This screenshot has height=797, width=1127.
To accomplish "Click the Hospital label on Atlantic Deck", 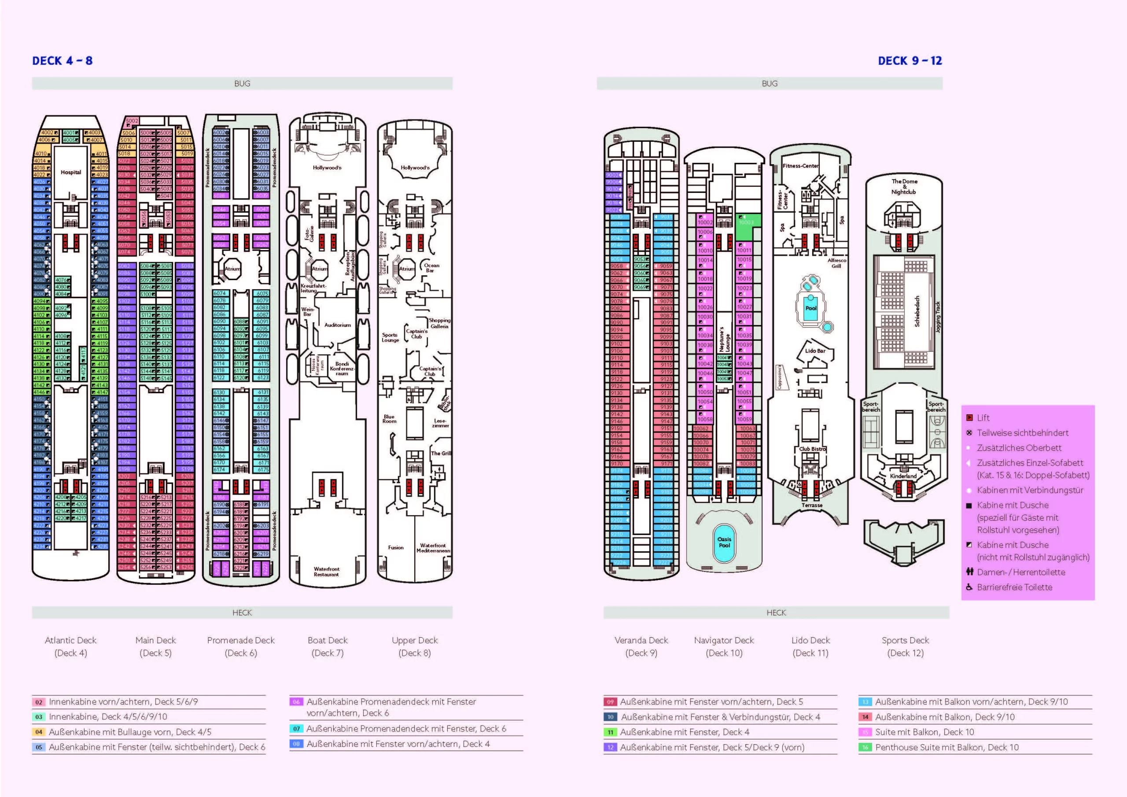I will [71, 172].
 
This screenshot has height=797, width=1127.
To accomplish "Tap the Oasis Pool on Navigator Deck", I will [724, 542].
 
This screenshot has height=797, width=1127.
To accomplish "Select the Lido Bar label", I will [815, 351].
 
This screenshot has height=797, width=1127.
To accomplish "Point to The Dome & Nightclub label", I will [904, 187].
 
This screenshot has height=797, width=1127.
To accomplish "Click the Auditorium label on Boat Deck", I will [337, 325].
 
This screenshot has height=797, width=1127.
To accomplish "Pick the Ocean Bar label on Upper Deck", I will [431, 268].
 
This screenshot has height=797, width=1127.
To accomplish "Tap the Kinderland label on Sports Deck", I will [903, 476].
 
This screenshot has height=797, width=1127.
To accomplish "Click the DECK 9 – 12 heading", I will [910, 61].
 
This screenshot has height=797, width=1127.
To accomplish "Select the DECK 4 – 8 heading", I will [63, 61].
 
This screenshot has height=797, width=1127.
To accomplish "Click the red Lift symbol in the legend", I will [969, 418].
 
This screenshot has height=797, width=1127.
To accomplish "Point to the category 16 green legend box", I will [865, 747].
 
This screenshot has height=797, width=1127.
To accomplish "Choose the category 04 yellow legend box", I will [39, 732].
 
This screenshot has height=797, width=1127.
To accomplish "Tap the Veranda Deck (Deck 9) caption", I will [641, 646].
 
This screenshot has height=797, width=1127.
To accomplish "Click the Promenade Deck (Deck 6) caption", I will [240, 646].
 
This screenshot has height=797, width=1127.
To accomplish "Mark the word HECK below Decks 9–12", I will [776, 613].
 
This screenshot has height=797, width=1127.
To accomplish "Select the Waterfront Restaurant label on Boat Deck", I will [326, 572].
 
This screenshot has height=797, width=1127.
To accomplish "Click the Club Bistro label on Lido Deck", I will [812, 449].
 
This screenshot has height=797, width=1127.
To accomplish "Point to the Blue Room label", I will [389, 419].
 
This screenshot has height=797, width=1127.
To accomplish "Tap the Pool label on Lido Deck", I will [811, 308].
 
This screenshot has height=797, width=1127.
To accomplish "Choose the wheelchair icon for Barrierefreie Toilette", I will [969, 587].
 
